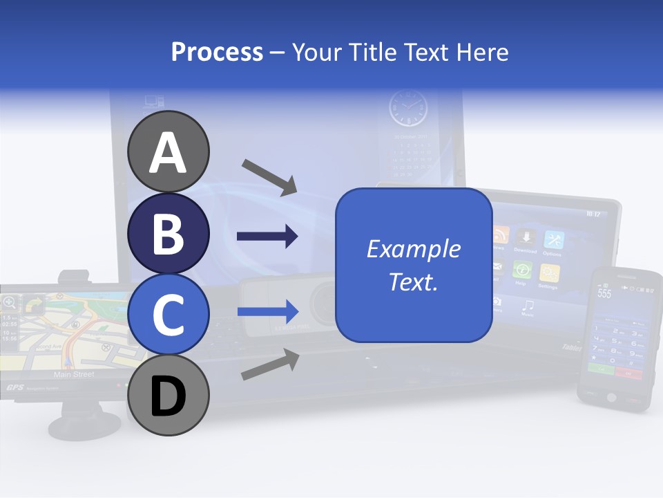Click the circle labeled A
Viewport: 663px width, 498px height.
168,151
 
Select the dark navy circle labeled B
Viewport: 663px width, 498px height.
168,232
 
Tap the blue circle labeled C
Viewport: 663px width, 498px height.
168,314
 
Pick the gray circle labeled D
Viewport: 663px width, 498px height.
168,395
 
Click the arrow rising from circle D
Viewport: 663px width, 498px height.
269,365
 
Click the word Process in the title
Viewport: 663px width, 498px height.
217,52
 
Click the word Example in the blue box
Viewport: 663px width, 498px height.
413,249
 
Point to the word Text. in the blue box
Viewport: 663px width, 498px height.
413,282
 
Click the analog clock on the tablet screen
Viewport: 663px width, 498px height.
407,109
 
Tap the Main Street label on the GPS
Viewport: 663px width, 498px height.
74,374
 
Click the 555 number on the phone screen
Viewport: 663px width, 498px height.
604,293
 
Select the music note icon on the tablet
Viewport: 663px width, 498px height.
528,305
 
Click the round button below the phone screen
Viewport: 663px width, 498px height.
611,397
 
